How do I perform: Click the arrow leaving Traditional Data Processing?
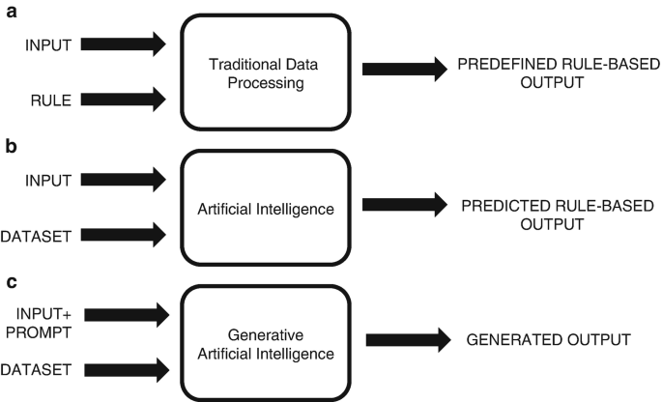(400, 69)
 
